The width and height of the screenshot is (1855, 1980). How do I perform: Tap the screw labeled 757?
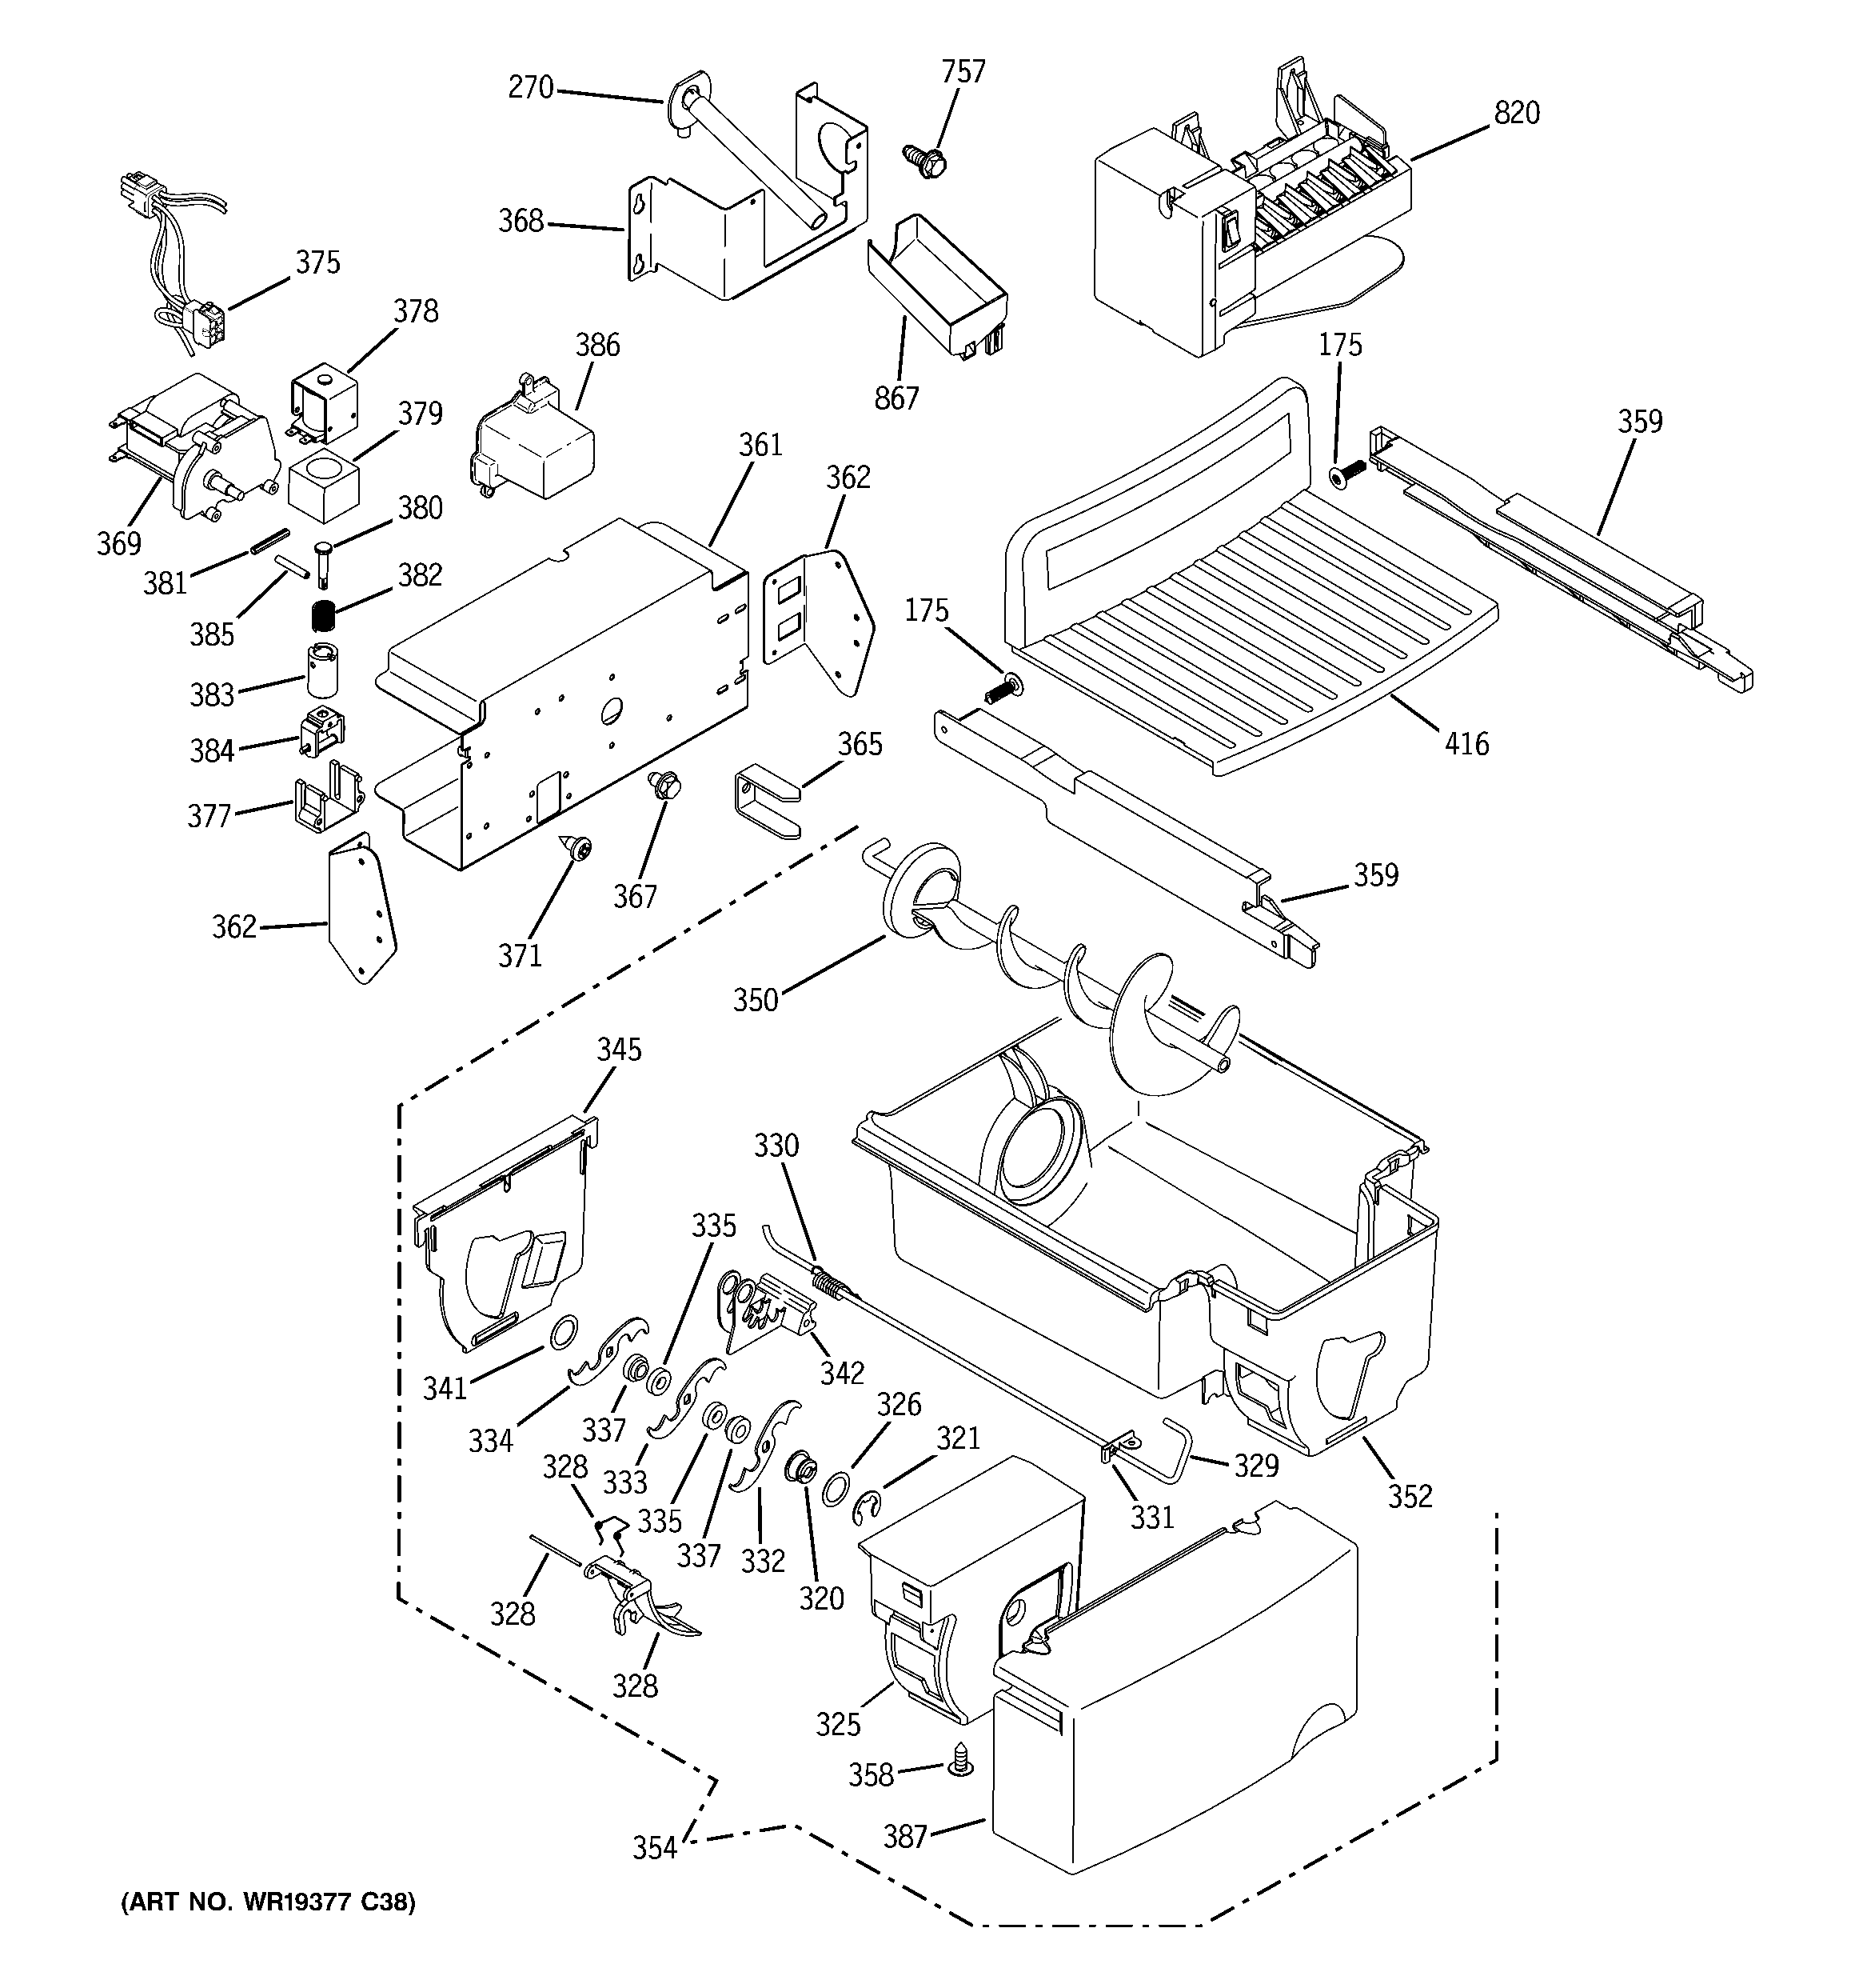(x=925, y=159)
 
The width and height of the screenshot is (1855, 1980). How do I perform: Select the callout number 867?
(x=896, y=398)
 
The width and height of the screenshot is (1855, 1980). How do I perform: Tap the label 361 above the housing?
(x=760, y=446)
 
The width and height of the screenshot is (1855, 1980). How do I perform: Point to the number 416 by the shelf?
(x=1466, y=744)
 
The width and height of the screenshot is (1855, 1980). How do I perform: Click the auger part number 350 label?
(x=755, y=1000)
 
